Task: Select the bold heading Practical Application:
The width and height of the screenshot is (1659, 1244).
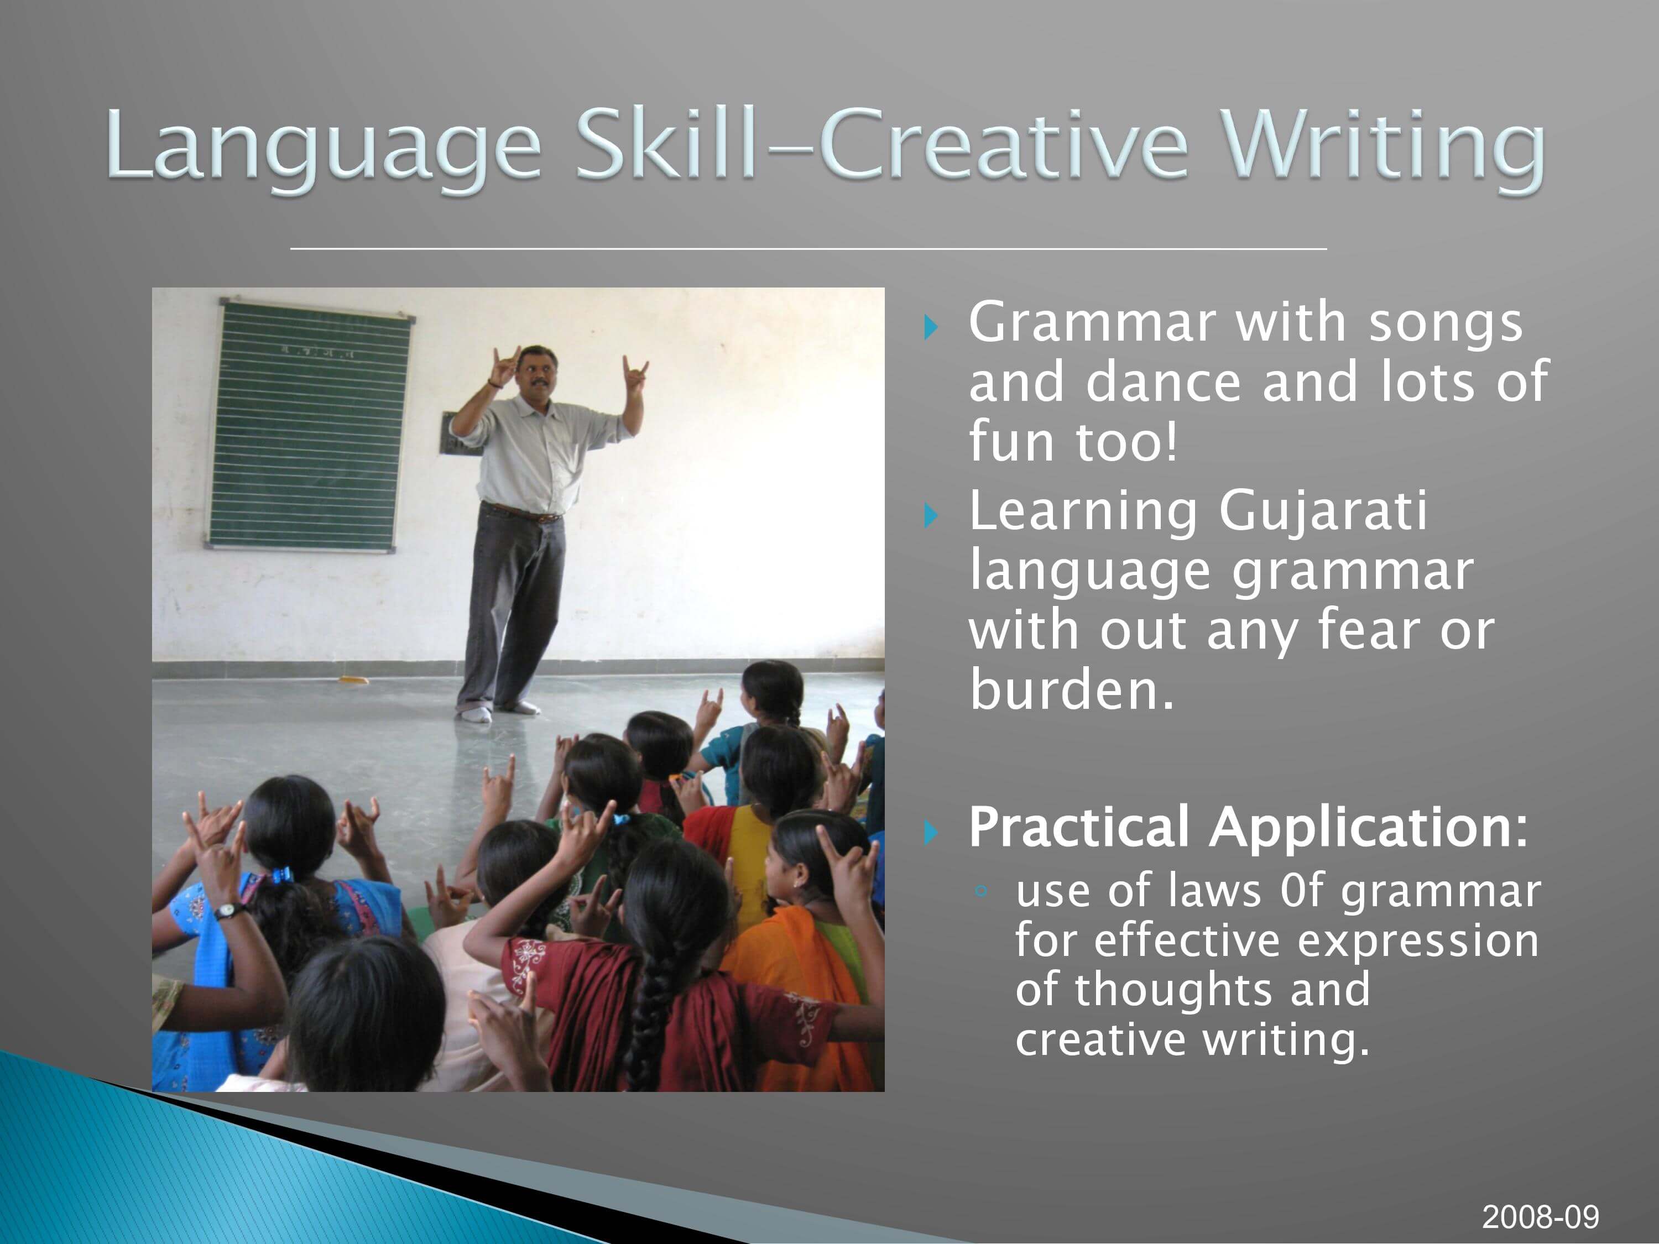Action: point(1247,827)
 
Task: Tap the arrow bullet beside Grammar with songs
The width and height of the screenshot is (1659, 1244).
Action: point(931,327)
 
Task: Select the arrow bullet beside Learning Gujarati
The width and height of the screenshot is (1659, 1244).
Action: point(931,515)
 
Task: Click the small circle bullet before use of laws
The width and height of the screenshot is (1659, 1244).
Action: point(980,891)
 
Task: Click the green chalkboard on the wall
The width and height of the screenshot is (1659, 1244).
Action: point(310,426)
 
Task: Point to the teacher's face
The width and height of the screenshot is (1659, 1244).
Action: point(536,373)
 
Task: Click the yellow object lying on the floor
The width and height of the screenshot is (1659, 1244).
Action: point(352,680)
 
